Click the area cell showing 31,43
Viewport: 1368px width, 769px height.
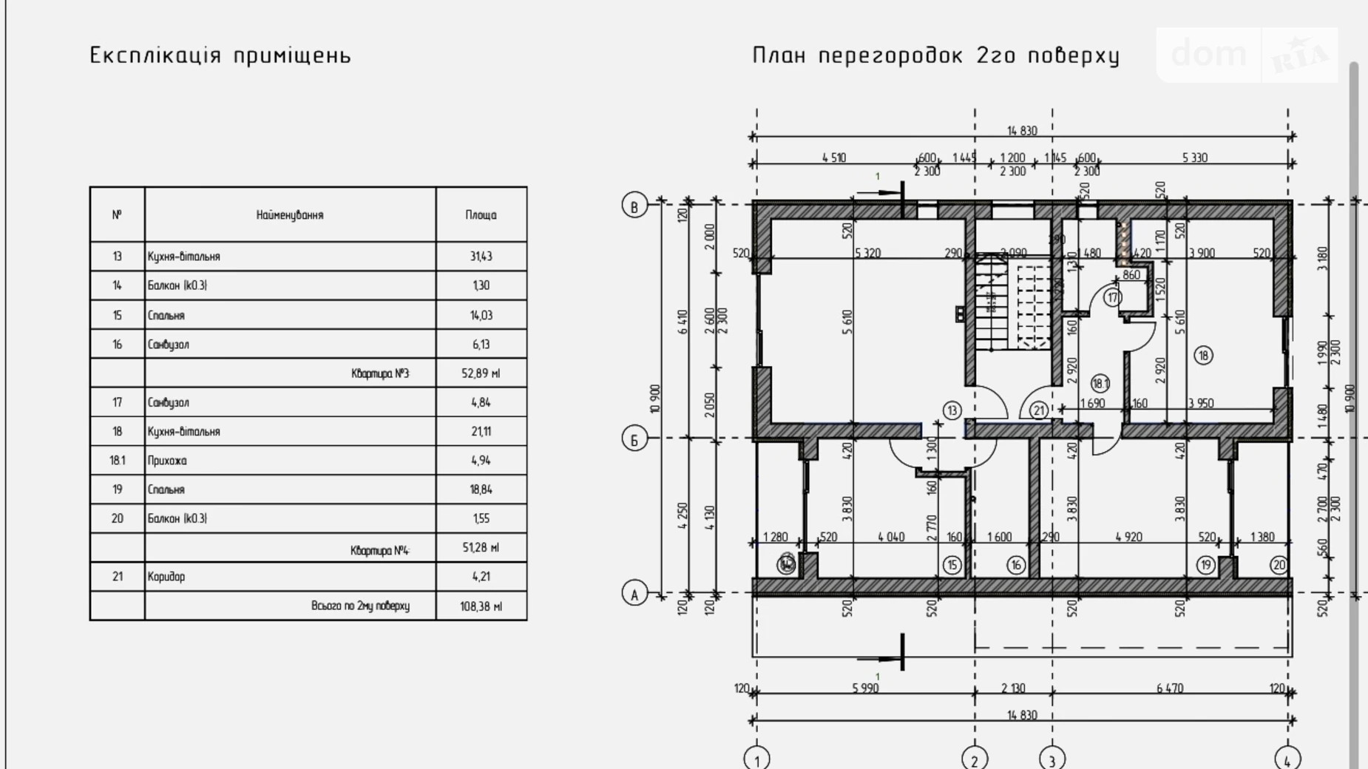pos(481,257)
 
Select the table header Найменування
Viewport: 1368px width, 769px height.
pos(290,215)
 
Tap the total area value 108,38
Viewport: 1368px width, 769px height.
pos(481,606)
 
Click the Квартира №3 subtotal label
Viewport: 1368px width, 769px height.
pos(380,373)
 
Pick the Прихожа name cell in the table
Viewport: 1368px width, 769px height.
pos(167,461)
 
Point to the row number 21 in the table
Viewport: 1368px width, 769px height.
pos(117,577)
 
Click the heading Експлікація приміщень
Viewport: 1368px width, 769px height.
pos(220,55)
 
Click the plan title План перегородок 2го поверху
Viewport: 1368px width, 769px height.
pos(936,55)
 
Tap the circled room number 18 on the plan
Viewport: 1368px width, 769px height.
pos(1203,356)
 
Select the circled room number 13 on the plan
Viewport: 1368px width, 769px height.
pos(952,410)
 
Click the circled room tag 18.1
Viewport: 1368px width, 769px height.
pos(1100,384)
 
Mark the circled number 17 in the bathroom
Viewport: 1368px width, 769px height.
pos(1112,298)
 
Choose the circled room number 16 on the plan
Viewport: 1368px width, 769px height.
pos(1016,566)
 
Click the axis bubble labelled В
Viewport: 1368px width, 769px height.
pos(634,206)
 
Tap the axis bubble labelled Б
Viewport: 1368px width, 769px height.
pos(634,439)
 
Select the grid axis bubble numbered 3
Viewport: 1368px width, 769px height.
pos(1052,759)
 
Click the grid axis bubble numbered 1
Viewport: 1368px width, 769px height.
pos(756,759)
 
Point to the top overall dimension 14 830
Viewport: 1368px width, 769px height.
pos(1022,131)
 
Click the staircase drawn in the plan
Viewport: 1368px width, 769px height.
pos(1012,303)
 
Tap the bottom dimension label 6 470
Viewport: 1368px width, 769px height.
pos(1170,688)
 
